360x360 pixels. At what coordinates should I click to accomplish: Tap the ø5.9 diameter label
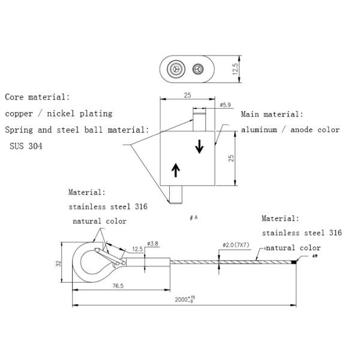(225, 106)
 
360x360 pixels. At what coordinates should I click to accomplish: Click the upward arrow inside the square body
(175, 170)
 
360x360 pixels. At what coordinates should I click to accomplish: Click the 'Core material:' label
(37, 97)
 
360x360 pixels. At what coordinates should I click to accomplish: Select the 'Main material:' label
(272, 114)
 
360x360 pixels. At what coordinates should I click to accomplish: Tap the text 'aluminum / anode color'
(290, 130)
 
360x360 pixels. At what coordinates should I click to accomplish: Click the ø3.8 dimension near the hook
(151, 243)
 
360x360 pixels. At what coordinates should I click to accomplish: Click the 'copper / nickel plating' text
(58, 113)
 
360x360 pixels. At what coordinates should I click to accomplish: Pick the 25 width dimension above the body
(187, 95)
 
